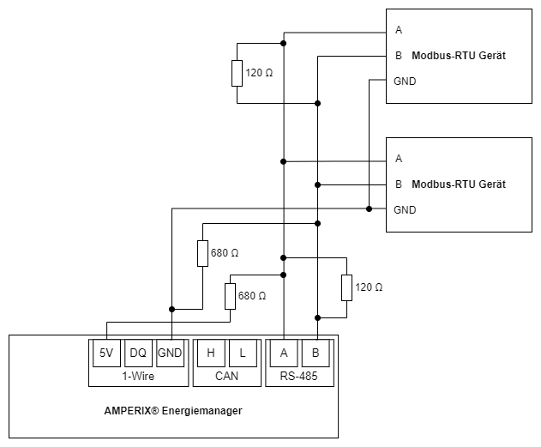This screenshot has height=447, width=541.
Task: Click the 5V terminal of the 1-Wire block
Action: pyautogui.click(x=105, y=353)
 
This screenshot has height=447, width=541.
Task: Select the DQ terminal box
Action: pyautogui.click(x=138, y=353)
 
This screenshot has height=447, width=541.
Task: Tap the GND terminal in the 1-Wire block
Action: pyautogui.click(x=171, y=353)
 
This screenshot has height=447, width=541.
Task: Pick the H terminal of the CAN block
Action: pyautogui.click(x=210, y=353)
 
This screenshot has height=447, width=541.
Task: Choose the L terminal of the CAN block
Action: pyautogui.click(x=243, y=353)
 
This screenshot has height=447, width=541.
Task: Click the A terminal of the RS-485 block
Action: pyautogui.click(x=284, y=353)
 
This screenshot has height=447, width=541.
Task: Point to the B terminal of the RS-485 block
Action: pyautogui.click(x=316, y=353)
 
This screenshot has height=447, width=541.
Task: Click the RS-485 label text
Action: pyautogui.click(x=300, y=375)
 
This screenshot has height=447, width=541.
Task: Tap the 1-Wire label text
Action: pyautogui.click(x=137, y=375)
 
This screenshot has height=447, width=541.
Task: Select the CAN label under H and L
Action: pyautogui.click(x=226, y=375)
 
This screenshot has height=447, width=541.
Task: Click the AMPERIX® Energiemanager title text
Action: pyautogui.click(x=173, y=411)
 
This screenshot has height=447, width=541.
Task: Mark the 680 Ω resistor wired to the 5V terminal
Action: pyautogui.click(x=230, y=296)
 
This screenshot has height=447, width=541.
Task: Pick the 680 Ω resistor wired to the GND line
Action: pyautogui.click(x=202, y=253)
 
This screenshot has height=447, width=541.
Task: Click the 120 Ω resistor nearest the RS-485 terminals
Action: pyautogui.click(x=346, y=287)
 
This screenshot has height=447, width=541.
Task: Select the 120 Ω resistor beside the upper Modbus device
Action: pyautogui.click(x=237, y=74)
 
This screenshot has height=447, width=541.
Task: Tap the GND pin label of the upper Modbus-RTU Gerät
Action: pyautogui.click(x=405, y=82)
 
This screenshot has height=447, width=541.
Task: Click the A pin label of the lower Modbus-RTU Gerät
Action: pyautogui.click(x=399, y=159)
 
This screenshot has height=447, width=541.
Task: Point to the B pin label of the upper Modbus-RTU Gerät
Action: pyautogui.click(x=399, y=56)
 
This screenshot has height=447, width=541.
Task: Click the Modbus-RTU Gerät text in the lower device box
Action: pyautogui.click(x=459, y=184)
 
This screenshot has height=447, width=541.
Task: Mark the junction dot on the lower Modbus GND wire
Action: pyautogui.click(x=369, y=208)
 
